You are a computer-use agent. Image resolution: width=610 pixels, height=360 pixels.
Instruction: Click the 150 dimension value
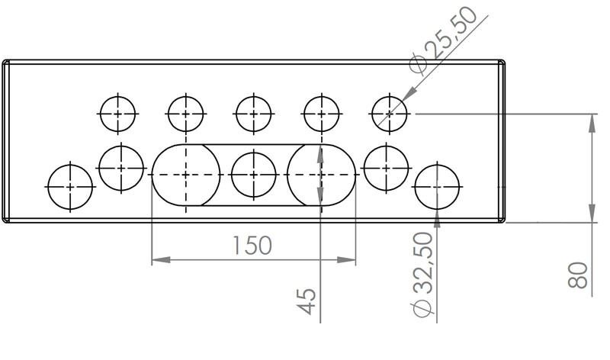[x=252, y=245]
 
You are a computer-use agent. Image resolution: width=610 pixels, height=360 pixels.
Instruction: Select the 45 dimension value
[x=307, y=301]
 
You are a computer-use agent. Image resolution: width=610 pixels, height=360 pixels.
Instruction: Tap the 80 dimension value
[x=578, y=275]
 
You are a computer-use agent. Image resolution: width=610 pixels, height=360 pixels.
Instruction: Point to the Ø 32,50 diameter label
[x=422, y=275]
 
